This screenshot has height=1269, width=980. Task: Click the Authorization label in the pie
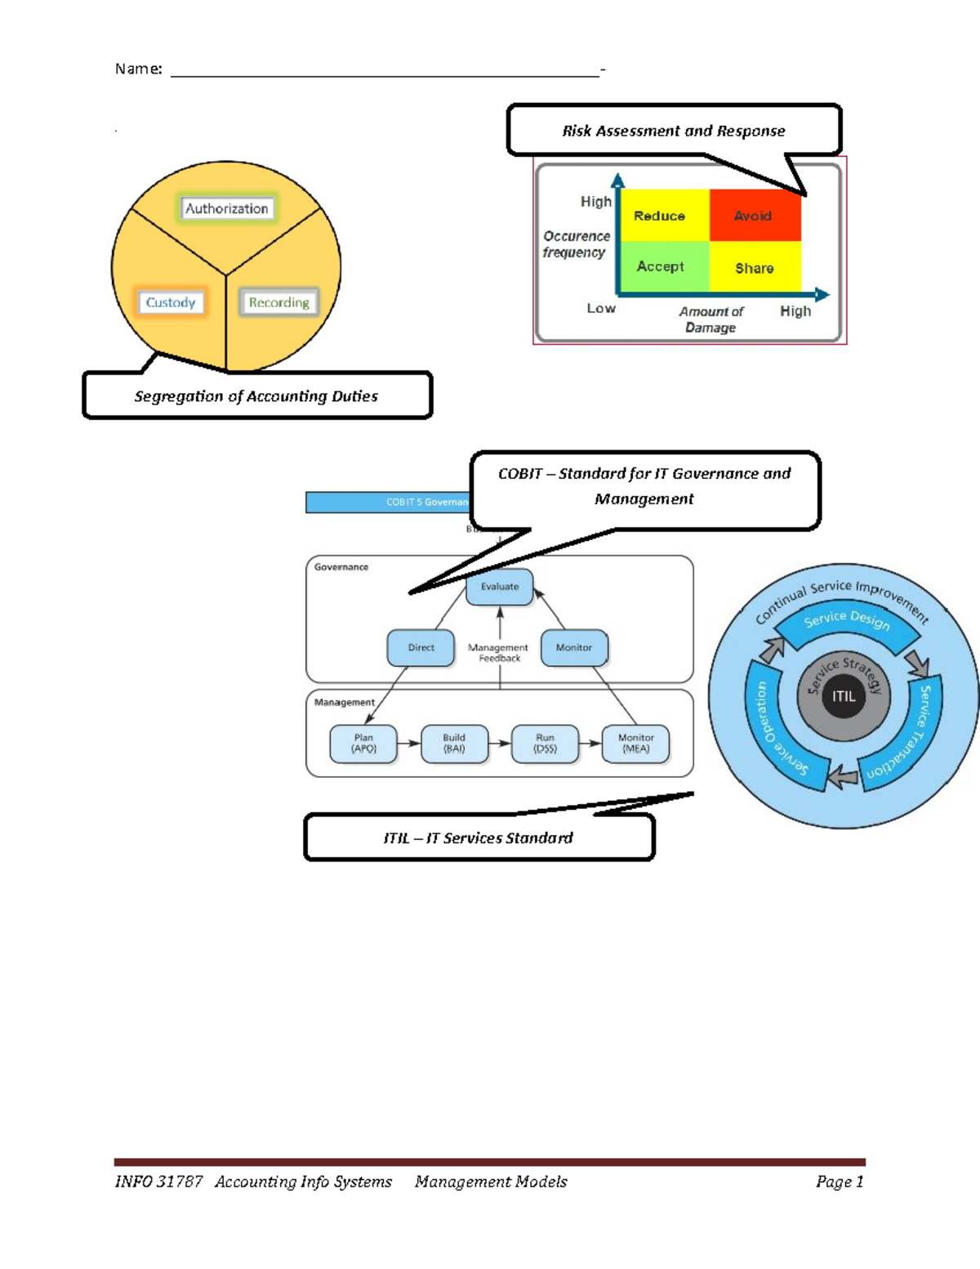pyautogui.click(x=226, y=208)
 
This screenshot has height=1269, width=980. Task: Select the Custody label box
pyautogui.click(x=171, y=302)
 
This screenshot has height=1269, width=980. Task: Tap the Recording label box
pyautogui.click(x=278, y=302)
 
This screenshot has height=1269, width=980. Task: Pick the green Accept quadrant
pyautogui.click(x=661, y=266)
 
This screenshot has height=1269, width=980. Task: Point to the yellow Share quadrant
pyautogui.click(x=755, y=268)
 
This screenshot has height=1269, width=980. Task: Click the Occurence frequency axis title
pyautogui.click(x=576, y=244)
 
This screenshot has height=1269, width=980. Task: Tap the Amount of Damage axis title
pyautogui.click(x=710, y=319)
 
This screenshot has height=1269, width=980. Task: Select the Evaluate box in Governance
pyautogui.click(x=499, y=587)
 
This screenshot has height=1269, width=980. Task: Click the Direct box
pyautogui.click(x=421, y=648)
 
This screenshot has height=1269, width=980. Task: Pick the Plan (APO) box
pyautogui.click(x=363, y=743)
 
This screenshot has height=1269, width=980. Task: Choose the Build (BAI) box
pyautogui.click(x=454, y=743)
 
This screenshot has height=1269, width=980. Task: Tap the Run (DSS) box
pyautogui.click(x=545, y=743)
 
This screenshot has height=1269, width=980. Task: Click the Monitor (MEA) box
pyautogui.click(x=635, y=743)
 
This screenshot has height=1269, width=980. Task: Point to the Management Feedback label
pyautogui.click(x=498, y=653)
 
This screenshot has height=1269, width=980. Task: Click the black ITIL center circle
pyautogui.click(x=844, y=696)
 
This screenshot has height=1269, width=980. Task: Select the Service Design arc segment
pyautogui.click(x=846, y=620)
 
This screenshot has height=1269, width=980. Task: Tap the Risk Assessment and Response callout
pyautogui.click(x=674, y=131)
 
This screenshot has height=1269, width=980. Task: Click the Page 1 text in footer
pyautogui.click(x=839, y=1182)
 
